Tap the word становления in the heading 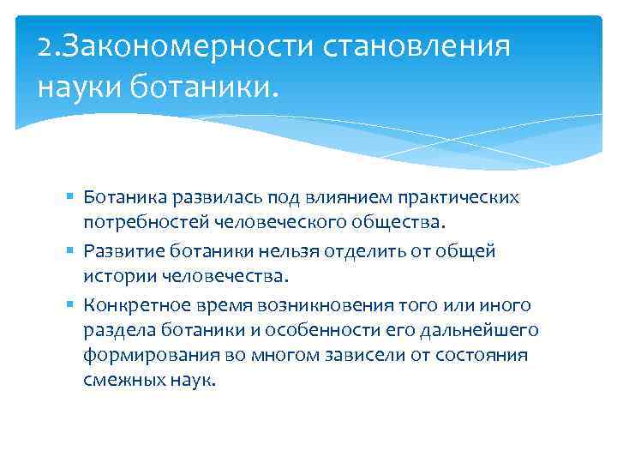[x=420, y=46]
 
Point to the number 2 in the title [x=45, y=46]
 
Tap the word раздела [x=114, y=330]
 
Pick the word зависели [x=363, y=355]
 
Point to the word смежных [x=118, y=381]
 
